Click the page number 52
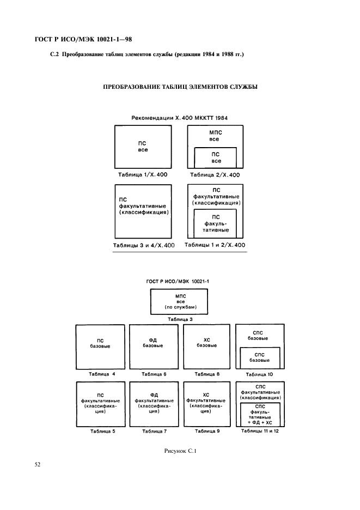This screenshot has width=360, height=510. pos(38,464)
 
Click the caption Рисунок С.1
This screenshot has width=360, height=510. pos(180,451)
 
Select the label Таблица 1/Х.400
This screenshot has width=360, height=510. pos(143,175)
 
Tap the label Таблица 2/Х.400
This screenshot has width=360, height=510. pos(215,175)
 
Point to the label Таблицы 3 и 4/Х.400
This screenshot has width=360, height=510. pos(144,245)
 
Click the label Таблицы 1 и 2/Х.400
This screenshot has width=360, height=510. pos(215,245)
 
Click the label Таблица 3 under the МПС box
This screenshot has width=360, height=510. pos(180,319)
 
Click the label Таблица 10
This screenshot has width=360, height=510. pos(259,374)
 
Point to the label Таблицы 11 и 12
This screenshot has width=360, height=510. pos(260,431)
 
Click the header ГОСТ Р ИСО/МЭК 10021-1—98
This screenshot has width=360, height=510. pos(83,39)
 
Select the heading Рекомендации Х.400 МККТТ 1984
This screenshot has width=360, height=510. pos(180,118)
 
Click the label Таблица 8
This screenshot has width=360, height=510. pos(207,374)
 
